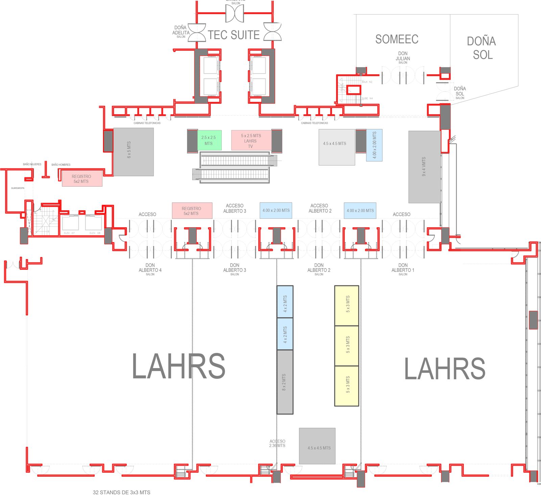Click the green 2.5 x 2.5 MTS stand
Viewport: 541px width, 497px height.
click(x=209, y=140)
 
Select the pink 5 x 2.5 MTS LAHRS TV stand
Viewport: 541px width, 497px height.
click(x=251, y=140)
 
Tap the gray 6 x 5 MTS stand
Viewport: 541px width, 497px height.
click(x=133, y=152)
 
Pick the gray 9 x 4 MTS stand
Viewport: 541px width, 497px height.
click(x=424, y=167)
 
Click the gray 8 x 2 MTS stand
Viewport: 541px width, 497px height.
click(x=285, y=382)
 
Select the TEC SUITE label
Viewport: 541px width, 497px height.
click(x=234, y=35)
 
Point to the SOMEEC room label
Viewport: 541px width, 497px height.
click(x=397, y=40)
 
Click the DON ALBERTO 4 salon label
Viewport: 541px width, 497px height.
click(x=150, y=269)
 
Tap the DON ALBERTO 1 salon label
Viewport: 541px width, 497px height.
click(x=403, y=269)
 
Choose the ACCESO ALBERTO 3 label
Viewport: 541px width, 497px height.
click(x=235, y=208)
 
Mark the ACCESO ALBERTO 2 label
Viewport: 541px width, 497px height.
click(x=320, y=208)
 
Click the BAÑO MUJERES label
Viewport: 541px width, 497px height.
click(x=32, y=164)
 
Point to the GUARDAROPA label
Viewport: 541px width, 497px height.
click(x=18, y=188)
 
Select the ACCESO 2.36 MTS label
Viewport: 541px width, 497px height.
click(x=277, y=443)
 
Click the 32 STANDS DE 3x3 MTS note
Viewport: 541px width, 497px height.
click(x=121, y=492)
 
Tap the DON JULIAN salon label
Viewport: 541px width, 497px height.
click(x=403, y=57)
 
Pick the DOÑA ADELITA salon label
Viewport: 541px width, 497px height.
click(x=181, y=31)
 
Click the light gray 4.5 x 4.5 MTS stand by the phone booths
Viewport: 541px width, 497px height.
click(x=336, y=147)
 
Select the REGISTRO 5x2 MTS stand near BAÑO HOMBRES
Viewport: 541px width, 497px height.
click(x=82, y=179)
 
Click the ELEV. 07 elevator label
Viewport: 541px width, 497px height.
click(x=69, y=233)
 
